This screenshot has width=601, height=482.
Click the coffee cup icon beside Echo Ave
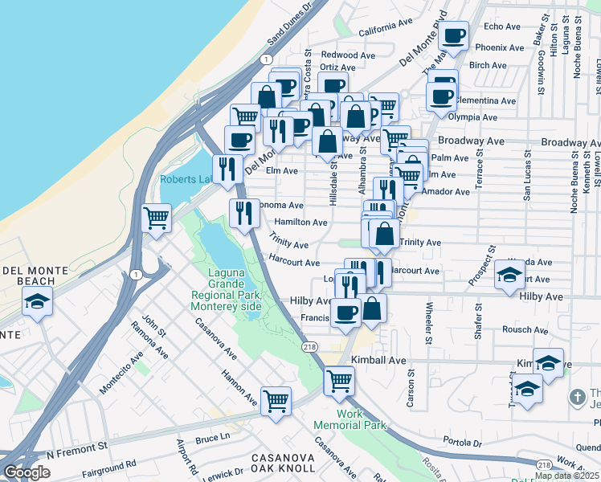point(454,36)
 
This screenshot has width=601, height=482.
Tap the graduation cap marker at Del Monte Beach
point(37,302)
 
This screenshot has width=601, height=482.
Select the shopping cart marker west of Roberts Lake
point(157,217)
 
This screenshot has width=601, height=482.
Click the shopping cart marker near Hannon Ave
point(276,399)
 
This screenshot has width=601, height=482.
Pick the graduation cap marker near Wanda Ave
point(509,275)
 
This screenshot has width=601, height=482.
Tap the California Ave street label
point(388,32)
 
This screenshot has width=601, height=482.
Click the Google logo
point(27,472)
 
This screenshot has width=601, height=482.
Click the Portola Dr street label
point(462,441)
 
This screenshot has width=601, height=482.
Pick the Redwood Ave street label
point(349,55)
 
